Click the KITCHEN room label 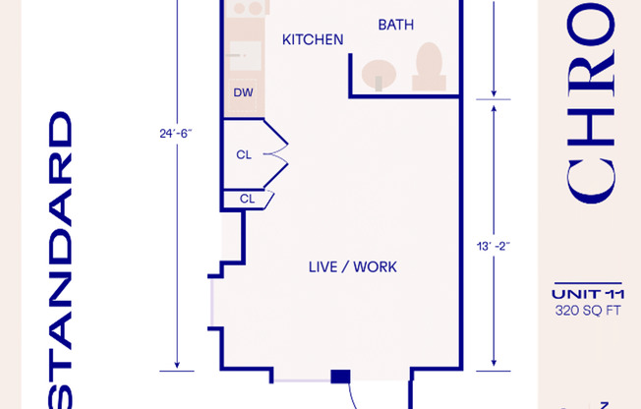313,39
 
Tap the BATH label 395,24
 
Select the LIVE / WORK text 353,266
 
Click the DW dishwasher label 243,93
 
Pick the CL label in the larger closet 244,154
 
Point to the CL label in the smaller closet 247,198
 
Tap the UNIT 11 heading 588,294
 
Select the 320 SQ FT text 588,312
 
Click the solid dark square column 340,377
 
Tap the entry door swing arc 357,397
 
